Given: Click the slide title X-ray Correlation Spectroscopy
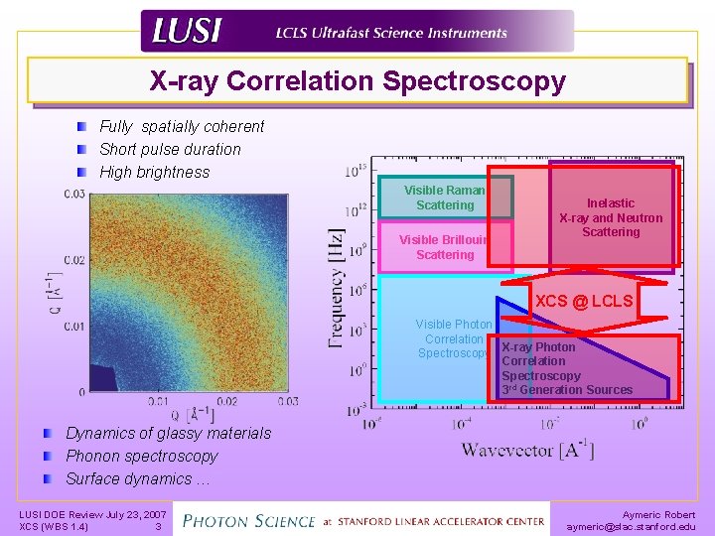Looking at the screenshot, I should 357,80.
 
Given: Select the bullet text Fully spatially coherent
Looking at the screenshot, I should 182,126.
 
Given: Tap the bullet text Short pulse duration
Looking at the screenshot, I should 170,149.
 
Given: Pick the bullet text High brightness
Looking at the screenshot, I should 155,172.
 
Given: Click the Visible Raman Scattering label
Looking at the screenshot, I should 445,198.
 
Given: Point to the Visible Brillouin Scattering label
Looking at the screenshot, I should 445,247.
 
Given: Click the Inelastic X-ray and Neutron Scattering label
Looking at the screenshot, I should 611,217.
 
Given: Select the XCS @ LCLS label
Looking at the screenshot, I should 584,301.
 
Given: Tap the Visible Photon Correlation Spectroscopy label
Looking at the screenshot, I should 453,338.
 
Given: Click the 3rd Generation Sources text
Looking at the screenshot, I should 567,390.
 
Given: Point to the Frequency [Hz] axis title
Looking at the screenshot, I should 337,288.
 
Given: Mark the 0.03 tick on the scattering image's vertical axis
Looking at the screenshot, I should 73,194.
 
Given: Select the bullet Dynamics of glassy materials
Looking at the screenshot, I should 168,433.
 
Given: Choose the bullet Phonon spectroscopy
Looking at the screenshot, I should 141,456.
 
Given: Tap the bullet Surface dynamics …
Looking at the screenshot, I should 138,478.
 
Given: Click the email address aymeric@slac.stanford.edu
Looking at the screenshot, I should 631,526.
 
